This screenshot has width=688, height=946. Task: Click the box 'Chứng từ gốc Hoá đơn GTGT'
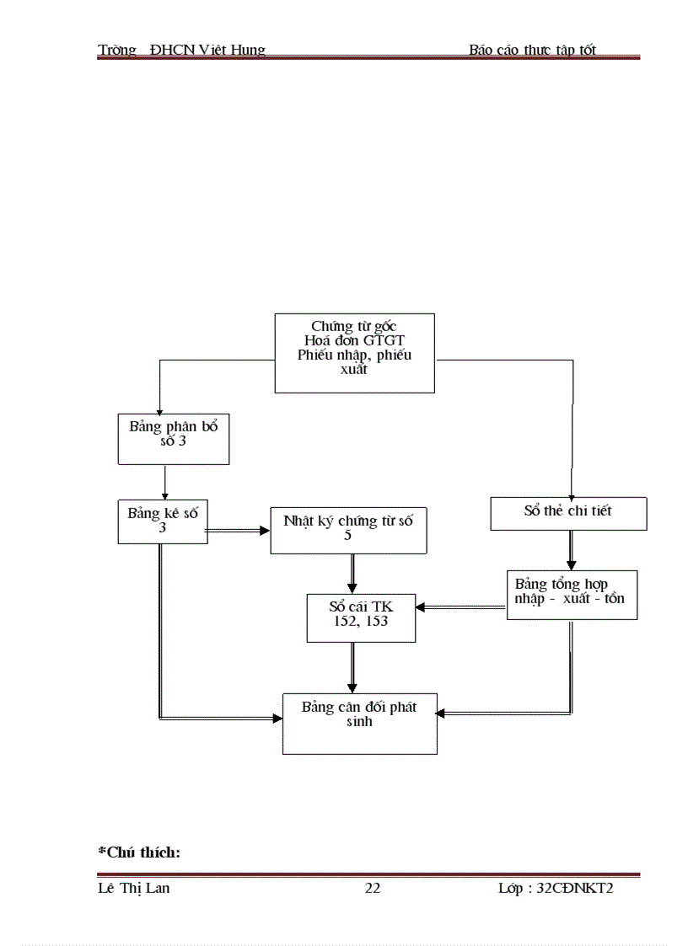355,353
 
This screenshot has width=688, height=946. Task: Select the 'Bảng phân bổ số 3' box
174,439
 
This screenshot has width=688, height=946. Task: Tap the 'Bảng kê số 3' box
163,521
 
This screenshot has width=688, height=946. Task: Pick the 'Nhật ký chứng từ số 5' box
348,530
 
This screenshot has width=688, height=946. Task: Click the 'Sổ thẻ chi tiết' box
568,513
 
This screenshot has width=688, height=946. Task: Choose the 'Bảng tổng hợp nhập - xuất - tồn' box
572,595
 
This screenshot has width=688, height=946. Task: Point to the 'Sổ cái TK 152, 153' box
361,617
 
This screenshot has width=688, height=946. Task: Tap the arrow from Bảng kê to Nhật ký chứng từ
239,531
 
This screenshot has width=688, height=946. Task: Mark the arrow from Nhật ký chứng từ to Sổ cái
352,574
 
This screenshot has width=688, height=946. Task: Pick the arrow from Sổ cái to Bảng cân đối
352,668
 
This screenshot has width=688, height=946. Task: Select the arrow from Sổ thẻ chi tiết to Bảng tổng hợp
571,551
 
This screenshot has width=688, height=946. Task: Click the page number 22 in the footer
372,889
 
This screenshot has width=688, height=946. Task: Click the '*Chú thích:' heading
139,852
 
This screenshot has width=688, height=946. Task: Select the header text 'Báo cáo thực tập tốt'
532,50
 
